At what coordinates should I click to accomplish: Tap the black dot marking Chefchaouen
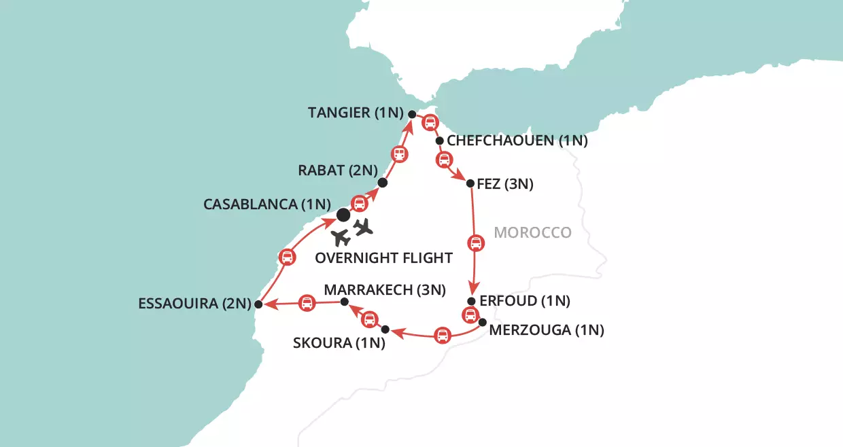[x=439, y=142]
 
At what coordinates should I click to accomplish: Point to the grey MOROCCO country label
[x=532, y=233]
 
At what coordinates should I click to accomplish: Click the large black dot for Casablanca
[x=343, y=215]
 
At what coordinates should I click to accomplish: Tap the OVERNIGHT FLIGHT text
[x=384, y=258]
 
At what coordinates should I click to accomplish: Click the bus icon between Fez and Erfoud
[x=476, y=243]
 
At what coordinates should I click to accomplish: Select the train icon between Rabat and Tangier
[x=400, y=154]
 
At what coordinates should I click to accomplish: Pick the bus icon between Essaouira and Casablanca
[x=287, y=257]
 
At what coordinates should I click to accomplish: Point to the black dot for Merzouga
[x=483, y=322]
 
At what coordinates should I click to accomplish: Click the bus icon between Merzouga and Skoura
[x=442, y=334]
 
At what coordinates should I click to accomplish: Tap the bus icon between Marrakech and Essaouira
[x=307, y=303]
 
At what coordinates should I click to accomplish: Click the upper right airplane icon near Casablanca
[x=364, y=227]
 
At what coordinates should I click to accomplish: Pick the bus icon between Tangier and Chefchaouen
[x=430, y=124]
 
